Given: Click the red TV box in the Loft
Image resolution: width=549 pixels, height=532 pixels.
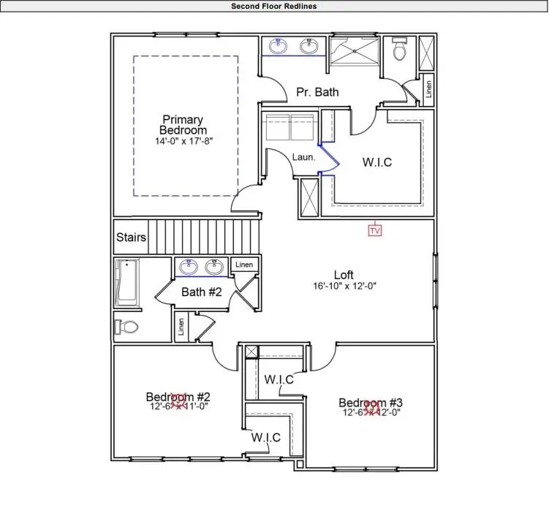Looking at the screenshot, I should pos(375,231).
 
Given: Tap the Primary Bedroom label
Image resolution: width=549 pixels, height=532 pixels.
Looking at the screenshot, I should pos(183,125).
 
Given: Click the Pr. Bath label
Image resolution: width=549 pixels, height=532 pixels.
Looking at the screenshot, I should pos(317,92).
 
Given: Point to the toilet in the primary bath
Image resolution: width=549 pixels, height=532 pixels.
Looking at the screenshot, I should pos(399,50).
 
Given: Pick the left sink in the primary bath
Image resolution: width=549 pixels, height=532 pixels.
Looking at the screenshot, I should pos(279,47).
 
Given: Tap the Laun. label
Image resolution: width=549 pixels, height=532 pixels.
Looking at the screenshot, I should pos(303,156).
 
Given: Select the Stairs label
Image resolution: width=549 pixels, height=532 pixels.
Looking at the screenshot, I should pos(131,237).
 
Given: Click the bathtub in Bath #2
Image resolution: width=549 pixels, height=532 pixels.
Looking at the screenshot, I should pos(126,283).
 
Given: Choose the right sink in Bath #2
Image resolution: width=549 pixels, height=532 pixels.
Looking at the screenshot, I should pos(214,267).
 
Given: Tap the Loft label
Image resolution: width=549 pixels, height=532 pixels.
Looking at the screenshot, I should pos(344,275).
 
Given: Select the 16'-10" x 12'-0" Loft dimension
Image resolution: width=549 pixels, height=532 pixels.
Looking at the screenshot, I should pos(344,286).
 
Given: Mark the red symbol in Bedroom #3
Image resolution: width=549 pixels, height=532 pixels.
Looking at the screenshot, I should pos(372,406).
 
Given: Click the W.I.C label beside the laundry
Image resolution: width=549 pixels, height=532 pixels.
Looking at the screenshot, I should pos(377,162).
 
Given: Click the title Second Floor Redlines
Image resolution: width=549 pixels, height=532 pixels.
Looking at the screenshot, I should pos(274,6).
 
